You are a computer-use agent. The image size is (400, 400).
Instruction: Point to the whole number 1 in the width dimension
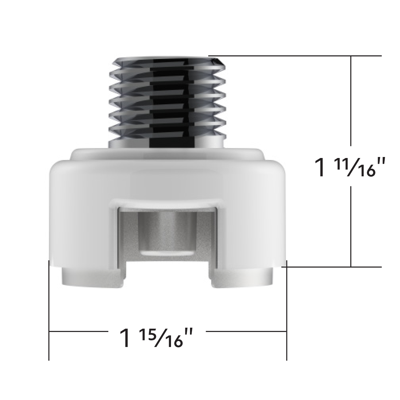pos(125,338)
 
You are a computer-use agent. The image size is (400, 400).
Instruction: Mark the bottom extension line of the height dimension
pos(333,267)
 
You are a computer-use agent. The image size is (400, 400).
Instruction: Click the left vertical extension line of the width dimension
pos(49,310)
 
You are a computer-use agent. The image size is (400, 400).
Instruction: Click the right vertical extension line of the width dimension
pos(286,310)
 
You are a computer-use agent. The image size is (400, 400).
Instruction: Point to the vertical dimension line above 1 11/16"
pos(351,100)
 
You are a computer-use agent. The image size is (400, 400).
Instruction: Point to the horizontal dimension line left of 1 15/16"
pos(77,331)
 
